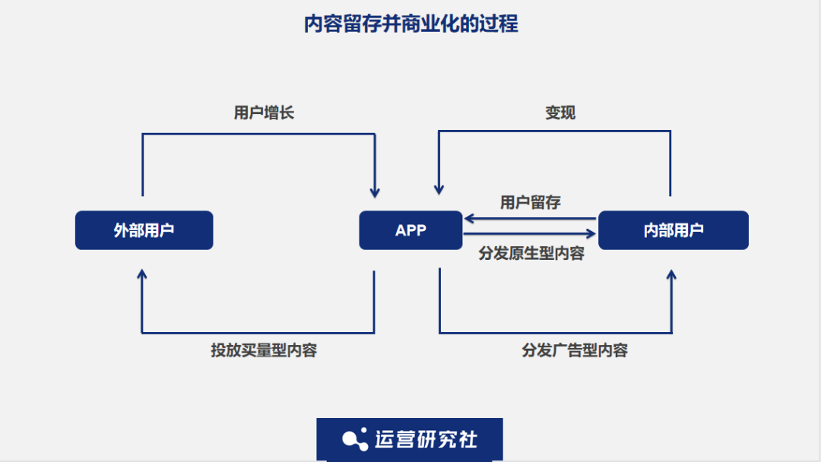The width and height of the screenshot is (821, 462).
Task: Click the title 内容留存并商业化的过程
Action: click(x=410, y=24)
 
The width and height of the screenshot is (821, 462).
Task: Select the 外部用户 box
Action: click(x=144, y=230)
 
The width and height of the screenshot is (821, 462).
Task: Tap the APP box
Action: click(x=410, y=230)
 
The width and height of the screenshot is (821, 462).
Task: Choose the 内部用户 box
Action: click(x=674, y=230)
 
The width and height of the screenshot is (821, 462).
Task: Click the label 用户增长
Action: click(x=264, y=113)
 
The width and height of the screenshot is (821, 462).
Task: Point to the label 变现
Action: click(x=560, y=113)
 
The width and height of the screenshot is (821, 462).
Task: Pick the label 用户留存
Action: click(x=531, y=202)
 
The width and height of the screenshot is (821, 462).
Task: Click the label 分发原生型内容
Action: click(x=531, y=254)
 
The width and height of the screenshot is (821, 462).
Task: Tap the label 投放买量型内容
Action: click(x=264, y=350)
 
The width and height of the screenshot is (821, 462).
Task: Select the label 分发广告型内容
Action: click(x=575, y=350)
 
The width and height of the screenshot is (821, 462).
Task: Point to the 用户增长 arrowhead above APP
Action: click(x=374, y=191)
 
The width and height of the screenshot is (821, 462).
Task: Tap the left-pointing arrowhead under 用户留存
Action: click(x=470, y=219)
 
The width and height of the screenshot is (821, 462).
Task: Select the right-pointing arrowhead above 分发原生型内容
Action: click(x=591, y=234)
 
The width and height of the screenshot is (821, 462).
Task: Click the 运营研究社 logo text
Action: click(x=426, y=438)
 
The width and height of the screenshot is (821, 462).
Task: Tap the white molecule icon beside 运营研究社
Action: click(x=355, y=438)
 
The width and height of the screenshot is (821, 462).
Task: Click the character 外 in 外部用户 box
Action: click(x=121, y=230)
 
